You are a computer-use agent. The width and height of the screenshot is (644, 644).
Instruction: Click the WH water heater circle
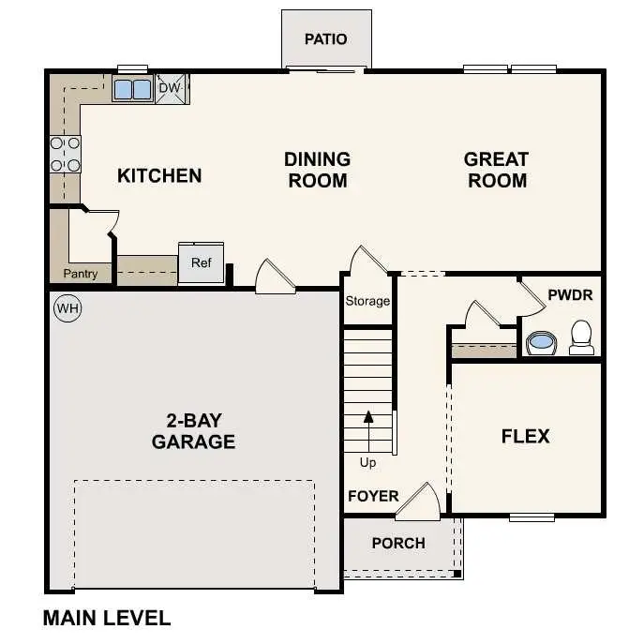(67, 307)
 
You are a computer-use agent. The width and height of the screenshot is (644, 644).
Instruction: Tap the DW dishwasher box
(170, 88)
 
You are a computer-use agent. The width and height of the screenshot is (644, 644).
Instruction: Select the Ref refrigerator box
(202, 263)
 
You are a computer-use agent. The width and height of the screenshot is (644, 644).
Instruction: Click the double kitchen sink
(132, 89)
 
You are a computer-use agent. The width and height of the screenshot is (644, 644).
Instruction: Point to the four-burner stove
(65, 154)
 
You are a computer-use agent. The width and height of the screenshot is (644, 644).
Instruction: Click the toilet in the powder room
(581, 337)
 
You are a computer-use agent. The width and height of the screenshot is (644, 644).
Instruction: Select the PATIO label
(326, 39)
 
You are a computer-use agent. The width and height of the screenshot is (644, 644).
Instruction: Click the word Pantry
(80, 274)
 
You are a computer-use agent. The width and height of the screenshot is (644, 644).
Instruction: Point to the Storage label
(367, 301)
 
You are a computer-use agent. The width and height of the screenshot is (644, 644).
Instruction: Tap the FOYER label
(373, 496)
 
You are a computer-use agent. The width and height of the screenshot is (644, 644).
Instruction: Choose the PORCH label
(397, 543)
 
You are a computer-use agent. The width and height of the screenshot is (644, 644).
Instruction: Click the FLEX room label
(525, 436)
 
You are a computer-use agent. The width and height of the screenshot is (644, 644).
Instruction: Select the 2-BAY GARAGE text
(193, 430)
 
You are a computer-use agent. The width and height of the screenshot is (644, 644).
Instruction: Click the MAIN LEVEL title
(107, 619)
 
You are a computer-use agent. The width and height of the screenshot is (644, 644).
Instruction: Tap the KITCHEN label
(159, 175)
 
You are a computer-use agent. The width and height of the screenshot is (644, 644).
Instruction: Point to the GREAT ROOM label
(496, 170)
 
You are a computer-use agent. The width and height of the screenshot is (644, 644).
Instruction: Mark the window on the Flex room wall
(532, 517)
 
